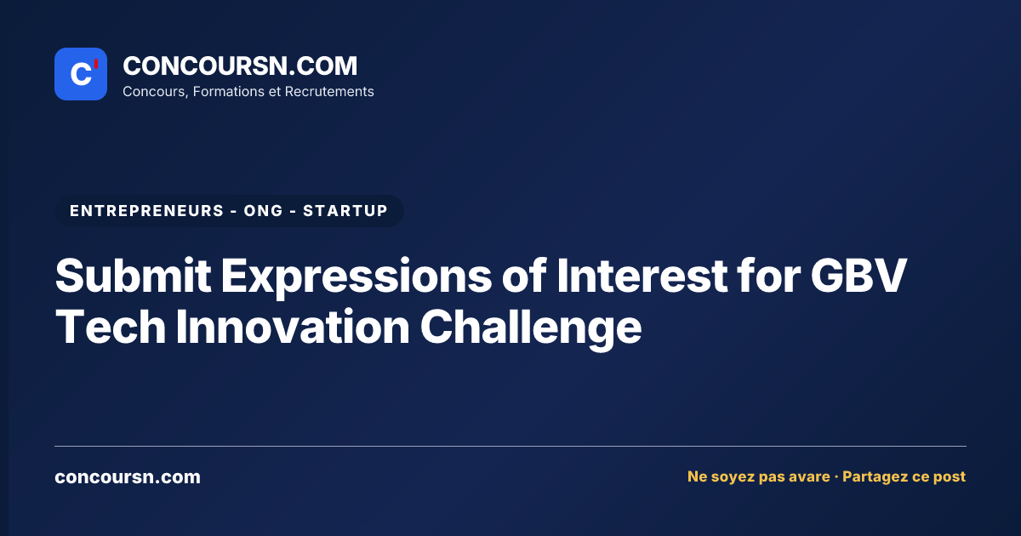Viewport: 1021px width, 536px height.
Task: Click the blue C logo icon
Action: tap(81, 74)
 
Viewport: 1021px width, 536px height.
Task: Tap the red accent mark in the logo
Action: tap(96, 65)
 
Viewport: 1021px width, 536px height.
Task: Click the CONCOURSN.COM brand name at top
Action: tap(240, 66)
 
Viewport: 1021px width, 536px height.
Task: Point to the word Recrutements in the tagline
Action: tap(329, 92)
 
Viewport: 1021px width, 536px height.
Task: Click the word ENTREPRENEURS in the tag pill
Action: tap(146, 211)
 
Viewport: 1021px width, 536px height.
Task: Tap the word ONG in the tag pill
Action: tap(264, 211)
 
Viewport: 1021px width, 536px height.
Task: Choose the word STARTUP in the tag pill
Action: tap(345, 211)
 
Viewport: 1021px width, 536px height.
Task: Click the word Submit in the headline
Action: tap(133, 276)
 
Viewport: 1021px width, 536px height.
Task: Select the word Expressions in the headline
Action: tap(356, 277)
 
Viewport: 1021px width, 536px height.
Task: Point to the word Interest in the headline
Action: tap(642, 276)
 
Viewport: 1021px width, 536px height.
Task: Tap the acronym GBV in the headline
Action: tap(858, 276)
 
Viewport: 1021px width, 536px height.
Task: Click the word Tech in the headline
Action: tap(111, 327)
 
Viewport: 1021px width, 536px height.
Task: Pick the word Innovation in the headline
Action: tap(293, 327)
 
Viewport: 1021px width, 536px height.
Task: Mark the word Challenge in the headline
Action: tap(531, 328)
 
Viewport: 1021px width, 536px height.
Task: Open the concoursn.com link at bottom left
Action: tap(128, 477)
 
